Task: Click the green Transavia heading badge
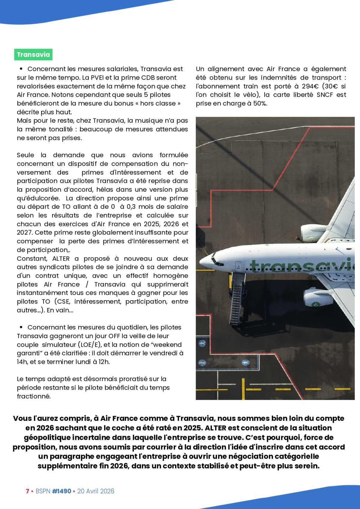point(33,55)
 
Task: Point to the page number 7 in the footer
point(27,491)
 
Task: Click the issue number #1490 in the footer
point(61,491)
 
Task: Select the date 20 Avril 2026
point(96,491)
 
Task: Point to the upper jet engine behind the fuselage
point(310,231)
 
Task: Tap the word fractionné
point(34,396)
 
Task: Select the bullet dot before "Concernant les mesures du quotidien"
point(21,327)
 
